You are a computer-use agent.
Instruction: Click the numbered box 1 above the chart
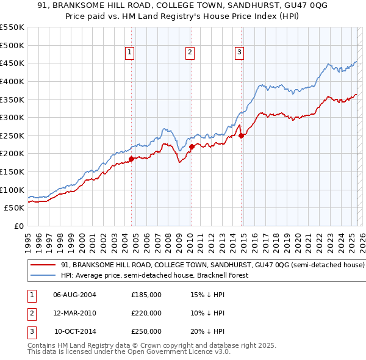[x=131, y=53]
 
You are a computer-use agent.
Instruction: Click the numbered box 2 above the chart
[x=190, y=53]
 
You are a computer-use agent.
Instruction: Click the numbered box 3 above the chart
[x=240, y=53]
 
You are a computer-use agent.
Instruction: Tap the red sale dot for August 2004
[x=131, y=159]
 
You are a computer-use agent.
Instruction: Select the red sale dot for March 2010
[x=192, y=146]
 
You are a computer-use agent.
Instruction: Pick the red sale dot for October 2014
[x=242, y=135]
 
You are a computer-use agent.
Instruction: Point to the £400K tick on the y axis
[x=12, y=81]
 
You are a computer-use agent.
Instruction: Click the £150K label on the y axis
[x=12, y=171]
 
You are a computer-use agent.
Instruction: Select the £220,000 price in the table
[x=146, y=313]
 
